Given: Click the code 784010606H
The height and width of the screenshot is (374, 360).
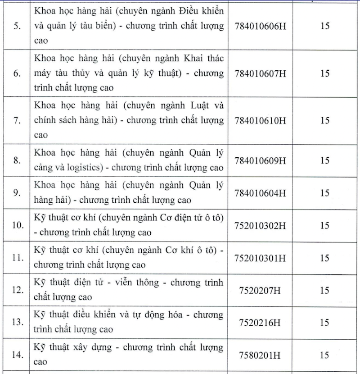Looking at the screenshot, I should pyautogui.click(x=261, y=26).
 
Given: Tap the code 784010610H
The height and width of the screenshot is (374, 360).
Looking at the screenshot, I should pyautogui.click(x=261, y=120).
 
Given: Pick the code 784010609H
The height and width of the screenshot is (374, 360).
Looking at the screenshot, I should pyautogui.click(x=261, y=160).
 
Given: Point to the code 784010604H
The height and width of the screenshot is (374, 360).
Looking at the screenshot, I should pyautogui.click(x=261, y=193).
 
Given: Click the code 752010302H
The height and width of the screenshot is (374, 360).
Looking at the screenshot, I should pyautogui.click(x=261, y=225).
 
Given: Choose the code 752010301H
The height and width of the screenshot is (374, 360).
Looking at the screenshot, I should pyautogui.click(x=261, y=258).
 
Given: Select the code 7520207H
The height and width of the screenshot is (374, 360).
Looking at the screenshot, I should pyautogui.click(x=261, y=290).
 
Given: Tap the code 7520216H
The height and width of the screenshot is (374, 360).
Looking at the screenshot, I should pyautogui.click(x=261, y=323).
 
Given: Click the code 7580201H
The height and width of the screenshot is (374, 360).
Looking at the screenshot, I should pyautogui.click(x=261, y=355).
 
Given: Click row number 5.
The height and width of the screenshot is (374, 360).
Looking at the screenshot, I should pyautogui.click(x=17, y=27).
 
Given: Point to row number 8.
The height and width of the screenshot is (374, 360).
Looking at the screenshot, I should pyautogui.click(x=17, y=161).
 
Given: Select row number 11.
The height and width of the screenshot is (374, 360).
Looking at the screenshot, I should pyautogui.click(x=17, y=258).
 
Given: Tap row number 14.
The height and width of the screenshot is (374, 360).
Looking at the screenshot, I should pyautogui.click(x=17, y=356).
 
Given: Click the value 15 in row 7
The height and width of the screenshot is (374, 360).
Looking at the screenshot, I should pyautogui.click(x=325, y=120).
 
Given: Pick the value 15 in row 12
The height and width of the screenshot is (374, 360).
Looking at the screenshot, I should pyautogui.click(x=325, y=290).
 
